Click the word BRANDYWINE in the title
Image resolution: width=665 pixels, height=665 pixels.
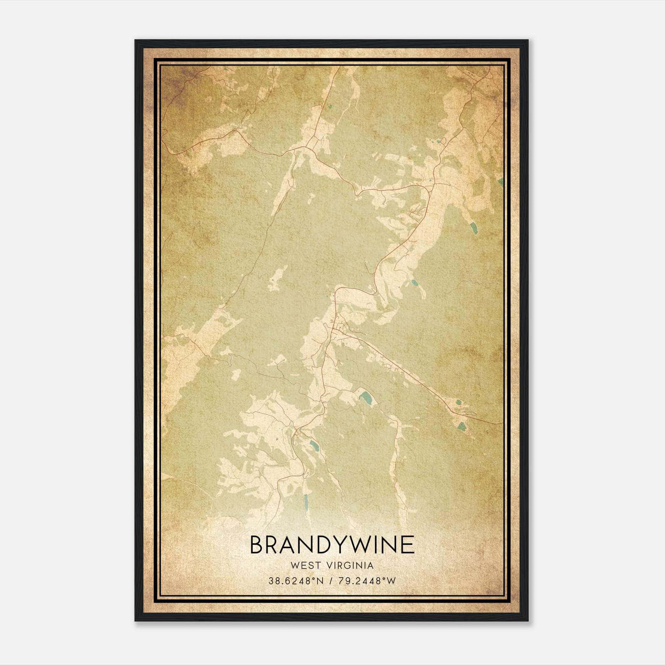pyautogui.click(x=332, y=545)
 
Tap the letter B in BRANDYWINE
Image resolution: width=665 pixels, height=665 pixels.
pyautogui.click(x=257, y=545)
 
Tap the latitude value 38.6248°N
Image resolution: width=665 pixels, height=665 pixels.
pyautogui.click(x=296, y=581)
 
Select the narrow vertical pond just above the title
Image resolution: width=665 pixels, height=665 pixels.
pyautogui.click(x=305, y=502)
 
